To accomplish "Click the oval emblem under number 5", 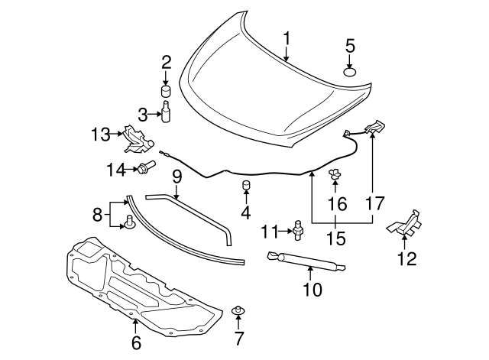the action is pos(350,73).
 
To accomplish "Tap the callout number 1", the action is pos(287,39).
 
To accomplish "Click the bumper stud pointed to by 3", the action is pos(166,112).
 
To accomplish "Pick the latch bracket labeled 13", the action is pos(138,139).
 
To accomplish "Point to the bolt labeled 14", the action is pos(146,167).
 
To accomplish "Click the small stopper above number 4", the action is pos(247,185).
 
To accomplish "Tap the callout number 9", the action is pos(176,178).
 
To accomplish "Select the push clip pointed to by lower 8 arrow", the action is pos(129,222).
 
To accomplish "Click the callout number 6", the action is pos(136,342).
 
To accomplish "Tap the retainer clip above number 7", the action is pos(238,310).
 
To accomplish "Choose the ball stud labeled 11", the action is pos(299,230).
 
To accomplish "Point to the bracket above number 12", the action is pos(404,222).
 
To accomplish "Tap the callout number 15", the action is pos(336,238).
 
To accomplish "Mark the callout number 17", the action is pos(375,204).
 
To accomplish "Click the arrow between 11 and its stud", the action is pos(285,231).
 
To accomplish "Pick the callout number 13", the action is pos(100,135).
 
